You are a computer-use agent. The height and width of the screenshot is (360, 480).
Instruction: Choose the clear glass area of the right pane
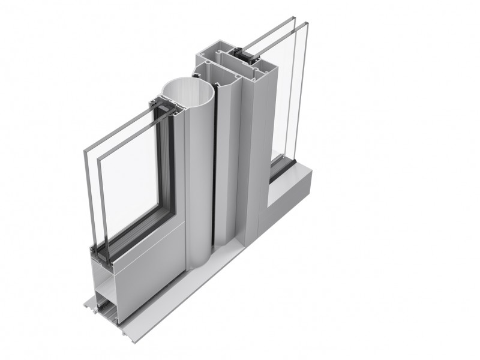pyautogui.click(x=288, y=102)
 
